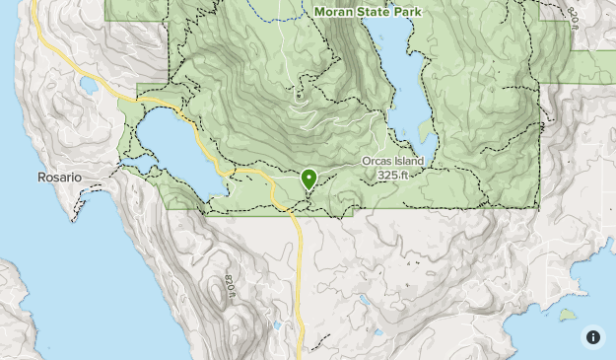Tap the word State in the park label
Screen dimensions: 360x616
[379, 12]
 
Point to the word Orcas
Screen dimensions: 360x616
[378, 162]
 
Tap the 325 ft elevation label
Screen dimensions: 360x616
[394, 176]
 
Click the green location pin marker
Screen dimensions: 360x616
[308, 179]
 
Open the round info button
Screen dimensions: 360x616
[593, 336]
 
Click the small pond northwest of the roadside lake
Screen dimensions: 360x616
[89, 86]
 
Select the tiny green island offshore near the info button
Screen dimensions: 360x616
[567, 317]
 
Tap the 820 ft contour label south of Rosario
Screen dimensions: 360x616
[230, 287]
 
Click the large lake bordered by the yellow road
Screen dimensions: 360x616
[172, 148]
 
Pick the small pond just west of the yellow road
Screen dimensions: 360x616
[277, 324]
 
